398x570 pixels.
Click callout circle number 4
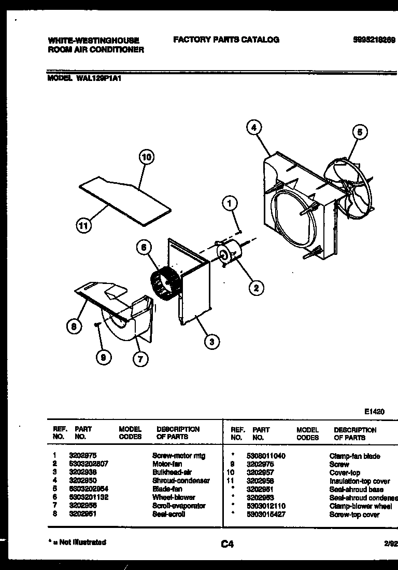pos(253,127)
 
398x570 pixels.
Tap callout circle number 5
pos(360,132)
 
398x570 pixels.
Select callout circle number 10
pos(147,157)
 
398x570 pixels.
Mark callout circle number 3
pos(211,341)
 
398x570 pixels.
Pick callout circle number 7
pos(139,358)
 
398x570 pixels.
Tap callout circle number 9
pos(104,358)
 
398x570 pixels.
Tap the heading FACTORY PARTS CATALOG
pos(226,39)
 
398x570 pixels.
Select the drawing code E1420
pos(374,411)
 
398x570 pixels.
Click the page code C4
pos(227,544)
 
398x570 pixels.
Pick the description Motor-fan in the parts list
pos(167,464)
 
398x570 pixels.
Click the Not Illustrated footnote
pos(77,542)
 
